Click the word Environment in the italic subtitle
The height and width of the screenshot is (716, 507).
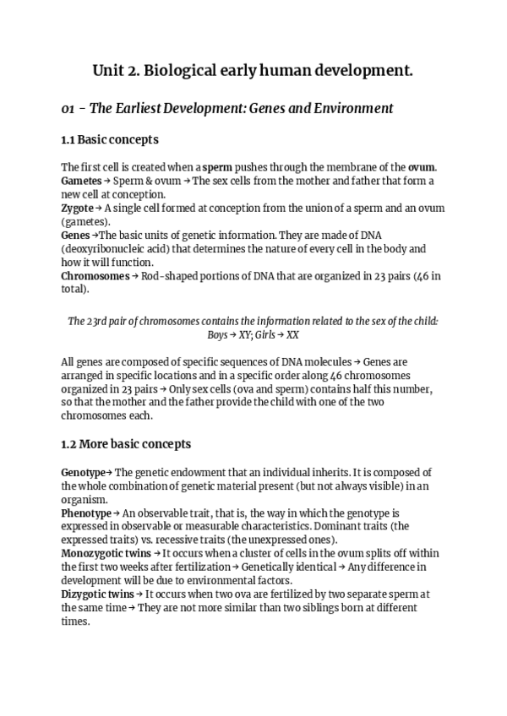pyautogui.click(x=347, y=108)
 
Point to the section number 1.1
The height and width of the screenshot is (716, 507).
pyautogui.click(x=69, y=138)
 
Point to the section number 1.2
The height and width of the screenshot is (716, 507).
pyautogui.click(x=69, y=443)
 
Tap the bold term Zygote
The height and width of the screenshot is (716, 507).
pyautogui.click(x=77, y=208)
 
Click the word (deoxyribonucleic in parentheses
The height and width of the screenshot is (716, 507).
pyautogui.click(x=102, y=248)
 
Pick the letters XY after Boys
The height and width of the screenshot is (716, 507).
pyautogui.click(x=244, y=335)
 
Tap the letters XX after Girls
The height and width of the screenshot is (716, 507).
pyautogui.click(x=292, y=335)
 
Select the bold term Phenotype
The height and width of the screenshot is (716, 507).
pyautogui.click(x=85, y=513)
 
